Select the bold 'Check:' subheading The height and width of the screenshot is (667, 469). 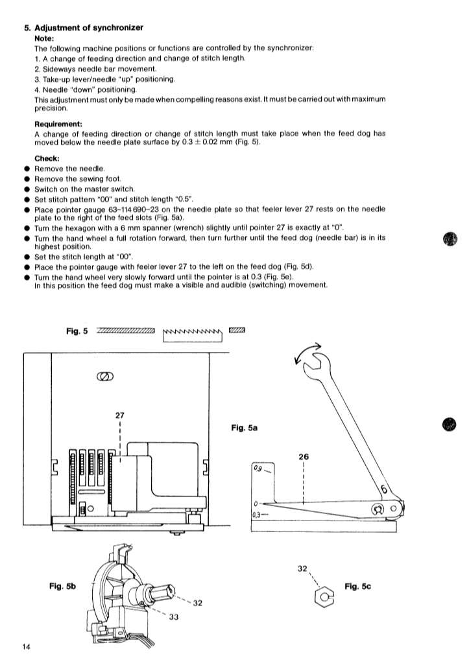(47, 158)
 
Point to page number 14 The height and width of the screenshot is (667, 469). (25, 648)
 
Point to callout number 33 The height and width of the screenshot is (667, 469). (174, 617)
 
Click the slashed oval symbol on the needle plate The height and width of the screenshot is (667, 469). (104, 377)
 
